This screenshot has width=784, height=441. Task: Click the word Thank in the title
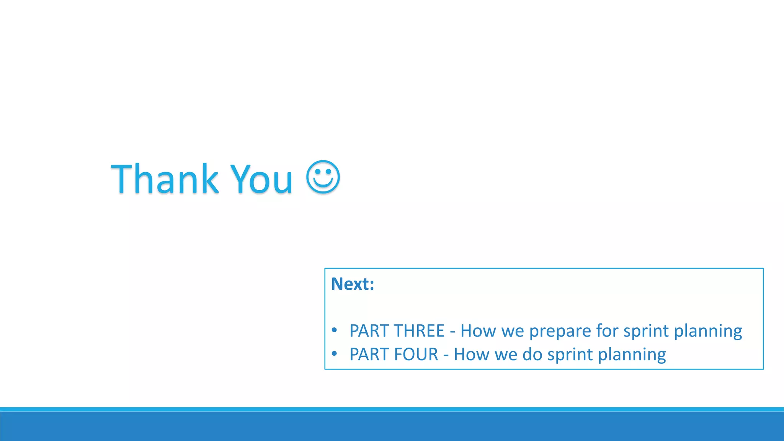165,178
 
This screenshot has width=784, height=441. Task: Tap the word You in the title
261,178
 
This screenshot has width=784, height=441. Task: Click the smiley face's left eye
317,171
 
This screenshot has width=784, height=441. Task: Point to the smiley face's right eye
329,171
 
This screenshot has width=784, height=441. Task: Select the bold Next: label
353,284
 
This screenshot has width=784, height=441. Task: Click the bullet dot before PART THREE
335,330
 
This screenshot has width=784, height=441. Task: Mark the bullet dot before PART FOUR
335,354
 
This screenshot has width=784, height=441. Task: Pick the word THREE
419,331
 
